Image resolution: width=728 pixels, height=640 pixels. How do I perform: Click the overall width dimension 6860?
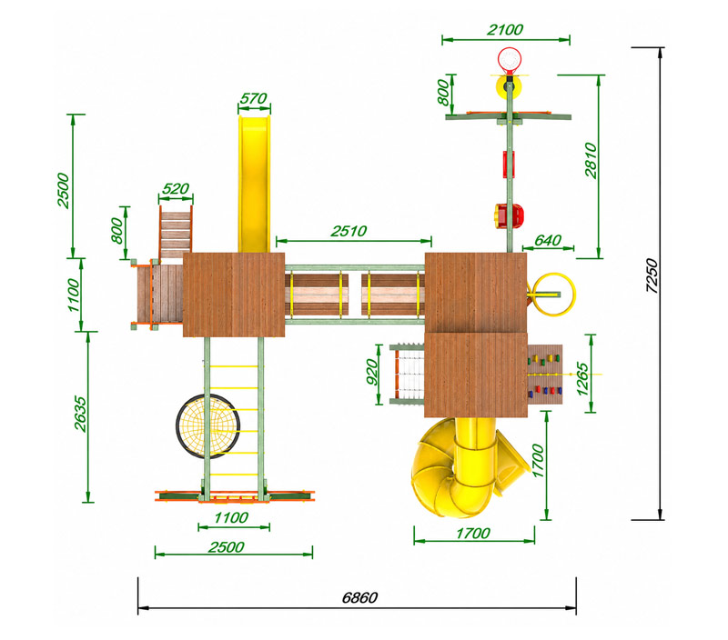359,597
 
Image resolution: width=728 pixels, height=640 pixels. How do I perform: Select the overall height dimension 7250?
652,275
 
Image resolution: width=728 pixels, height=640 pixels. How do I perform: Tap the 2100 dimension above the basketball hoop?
505,30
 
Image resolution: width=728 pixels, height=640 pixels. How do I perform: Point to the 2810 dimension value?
591,160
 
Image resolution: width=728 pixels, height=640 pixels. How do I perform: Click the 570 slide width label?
254,98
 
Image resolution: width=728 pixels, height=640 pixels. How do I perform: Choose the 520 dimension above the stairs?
176,189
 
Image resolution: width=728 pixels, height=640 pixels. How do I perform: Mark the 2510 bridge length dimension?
349,231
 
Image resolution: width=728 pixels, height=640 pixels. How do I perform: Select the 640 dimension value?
548,240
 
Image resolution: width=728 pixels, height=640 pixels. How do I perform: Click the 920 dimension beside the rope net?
372,372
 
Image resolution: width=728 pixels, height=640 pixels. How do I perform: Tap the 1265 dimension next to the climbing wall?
582,378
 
